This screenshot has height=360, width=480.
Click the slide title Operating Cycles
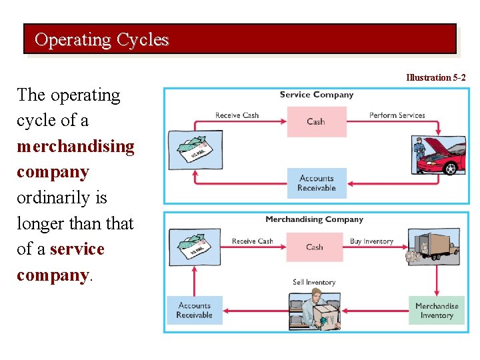[101, 40]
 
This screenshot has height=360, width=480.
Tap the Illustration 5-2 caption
[436, 78]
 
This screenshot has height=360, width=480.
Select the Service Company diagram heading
[316, 95]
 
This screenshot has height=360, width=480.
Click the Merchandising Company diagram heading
[314, 219]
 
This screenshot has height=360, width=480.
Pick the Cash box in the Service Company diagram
[316, 121]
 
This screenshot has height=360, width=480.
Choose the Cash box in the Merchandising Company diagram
[315, 247]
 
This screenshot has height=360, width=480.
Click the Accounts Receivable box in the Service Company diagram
[316, 183]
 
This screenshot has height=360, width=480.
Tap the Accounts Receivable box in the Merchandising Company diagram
[194, 311]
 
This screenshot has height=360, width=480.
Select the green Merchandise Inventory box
[437, 311]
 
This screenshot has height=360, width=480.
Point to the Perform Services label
[397, 115]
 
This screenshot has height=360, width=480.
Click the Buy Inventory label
[371, 241]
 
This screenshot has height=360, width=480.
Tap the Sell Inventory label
[313, 283]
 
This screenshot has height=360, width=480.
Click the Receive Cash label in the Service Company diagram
[237, 115]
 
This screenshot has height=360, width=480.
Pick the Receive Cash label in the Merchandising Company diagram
[252, 241]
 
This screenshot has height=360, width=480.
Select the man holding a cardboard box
[315, 312]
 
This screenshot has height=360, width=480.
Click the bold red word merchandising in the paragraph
[75, 146]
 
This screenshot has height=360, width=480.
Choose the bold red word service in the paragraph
[77, 249]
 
